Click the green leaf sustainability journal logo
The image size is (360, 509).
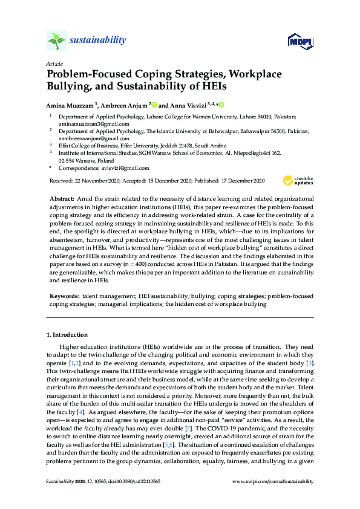click(x=56, y=41)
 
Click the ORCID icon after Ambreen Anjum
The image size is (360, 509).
click(x=154, y=104)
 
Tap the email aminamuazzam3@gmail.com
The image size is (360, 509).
click(x=88, y=123)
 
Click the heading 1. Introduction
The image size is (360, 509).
click(x=67, y=334)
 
